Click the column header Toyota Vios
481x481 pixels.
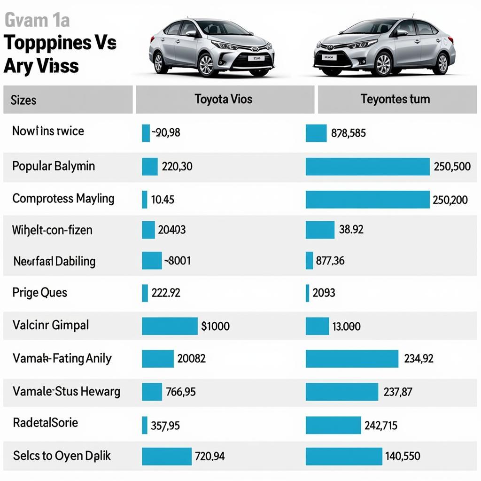coord(224,99)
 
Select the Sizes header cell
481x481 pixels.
coord(23,100)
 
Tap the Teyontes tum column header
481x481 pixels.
coord(395,99)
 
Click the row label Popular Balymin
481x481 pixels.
coord(54,166)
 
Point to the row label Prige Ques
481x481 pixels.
coord(39,293)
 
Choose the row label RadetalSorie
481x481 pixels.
coord(45,422)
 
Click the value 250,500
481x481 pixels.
coord(452,167)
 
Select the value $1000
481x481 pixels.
coord(215,326)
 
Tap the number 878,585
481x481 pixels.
coord(348,133)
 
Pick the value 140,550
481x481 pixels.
coord(403,456)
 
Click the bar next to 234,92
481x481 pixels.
coord(352,359)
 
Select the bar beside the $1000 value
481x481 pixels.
coord(170,326)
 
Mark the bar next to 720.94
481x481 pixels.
coord(167,456)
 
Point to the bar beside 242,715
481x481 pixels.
coord(333,425)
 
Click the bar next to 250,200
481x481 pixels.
coord(367,199)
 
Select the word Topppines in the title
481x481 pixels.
coord(47,43)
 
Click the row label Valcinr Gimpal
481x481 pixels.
coord(51,325)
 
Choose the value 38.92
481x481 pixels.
coord(351,229)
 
